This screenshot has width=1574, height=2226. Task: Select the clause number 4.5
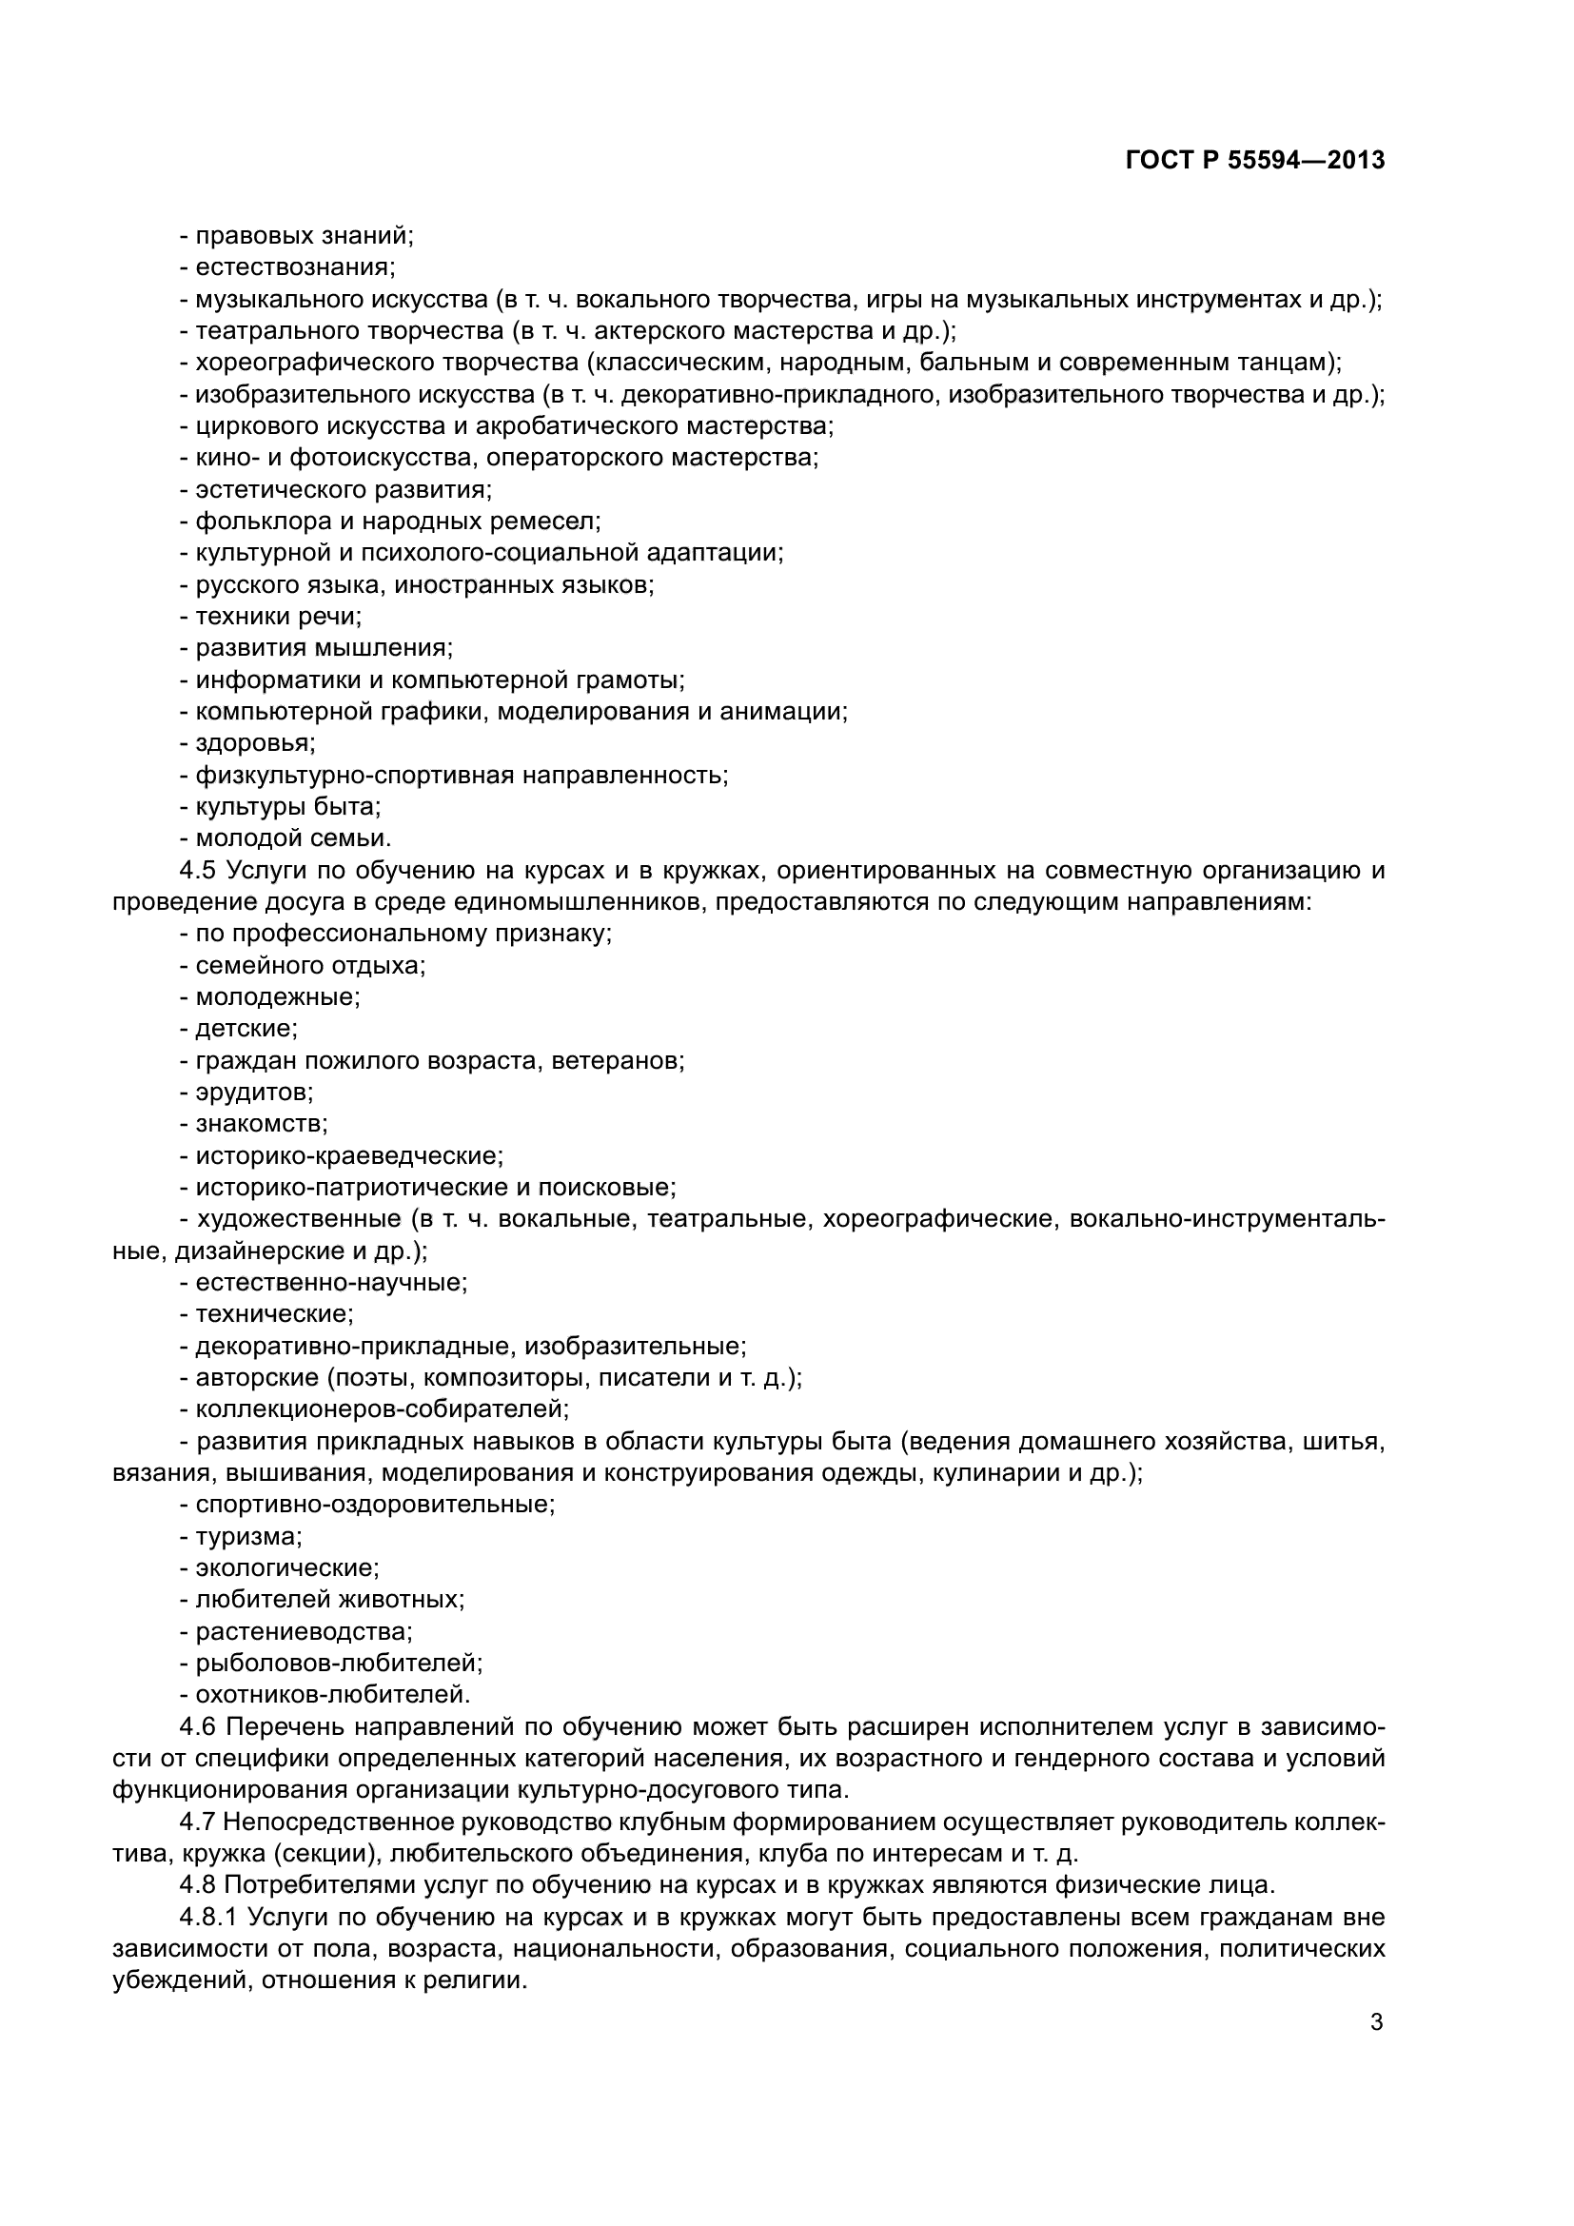click(x=199, y=871)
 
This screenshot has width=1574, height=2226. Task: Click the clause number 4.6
click(x=199, y=1726)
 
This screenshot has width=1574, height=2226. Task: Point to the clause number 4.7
click(x=199, y=1822)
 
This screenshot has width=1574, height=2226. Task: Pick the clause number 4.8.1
click(x=207, y=1917)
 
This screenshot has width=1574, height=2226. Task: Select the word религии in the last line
click(x=475, y=1980)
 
